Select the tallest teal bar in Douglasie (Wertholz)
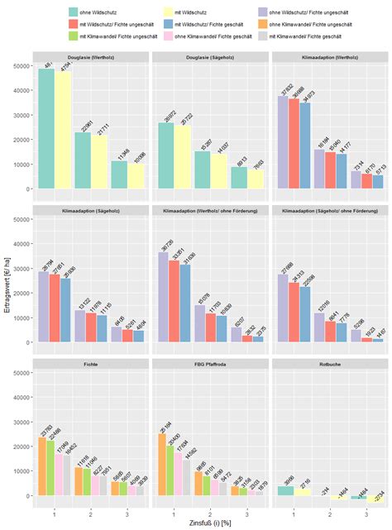(46, 128)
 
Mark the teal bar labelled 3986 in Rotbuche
(285, 490)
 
